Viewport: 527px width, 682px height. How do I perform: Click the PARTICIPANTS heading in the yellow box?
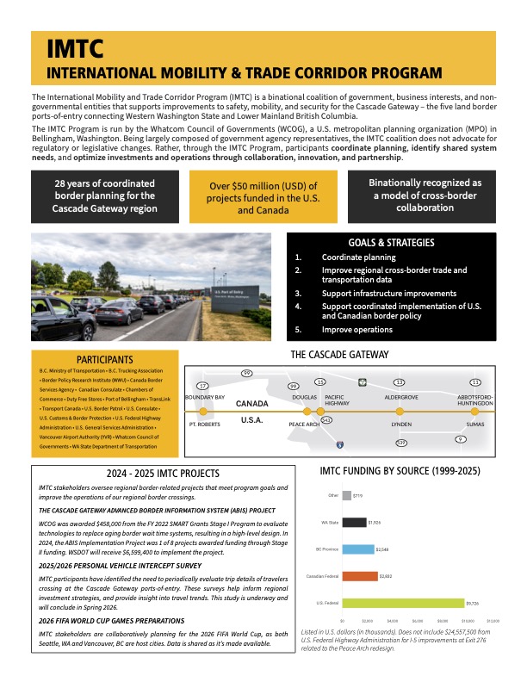click(103, 359)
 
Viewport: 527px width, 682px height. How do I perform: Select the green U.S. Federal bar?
click(402, 602)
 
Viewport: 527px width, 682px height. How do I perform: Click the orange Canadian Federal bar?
click(359, 575)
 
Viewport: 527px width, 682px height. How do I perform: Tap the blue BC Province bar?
click(358, 549)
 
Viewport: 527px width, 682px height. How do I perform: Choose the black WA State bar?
click(354, 522)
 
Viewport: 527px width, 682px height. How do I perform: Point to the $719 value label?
click(357, 495)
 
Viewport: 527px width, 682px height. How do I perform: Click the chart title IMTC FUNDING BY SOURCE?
click(405, 472)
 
